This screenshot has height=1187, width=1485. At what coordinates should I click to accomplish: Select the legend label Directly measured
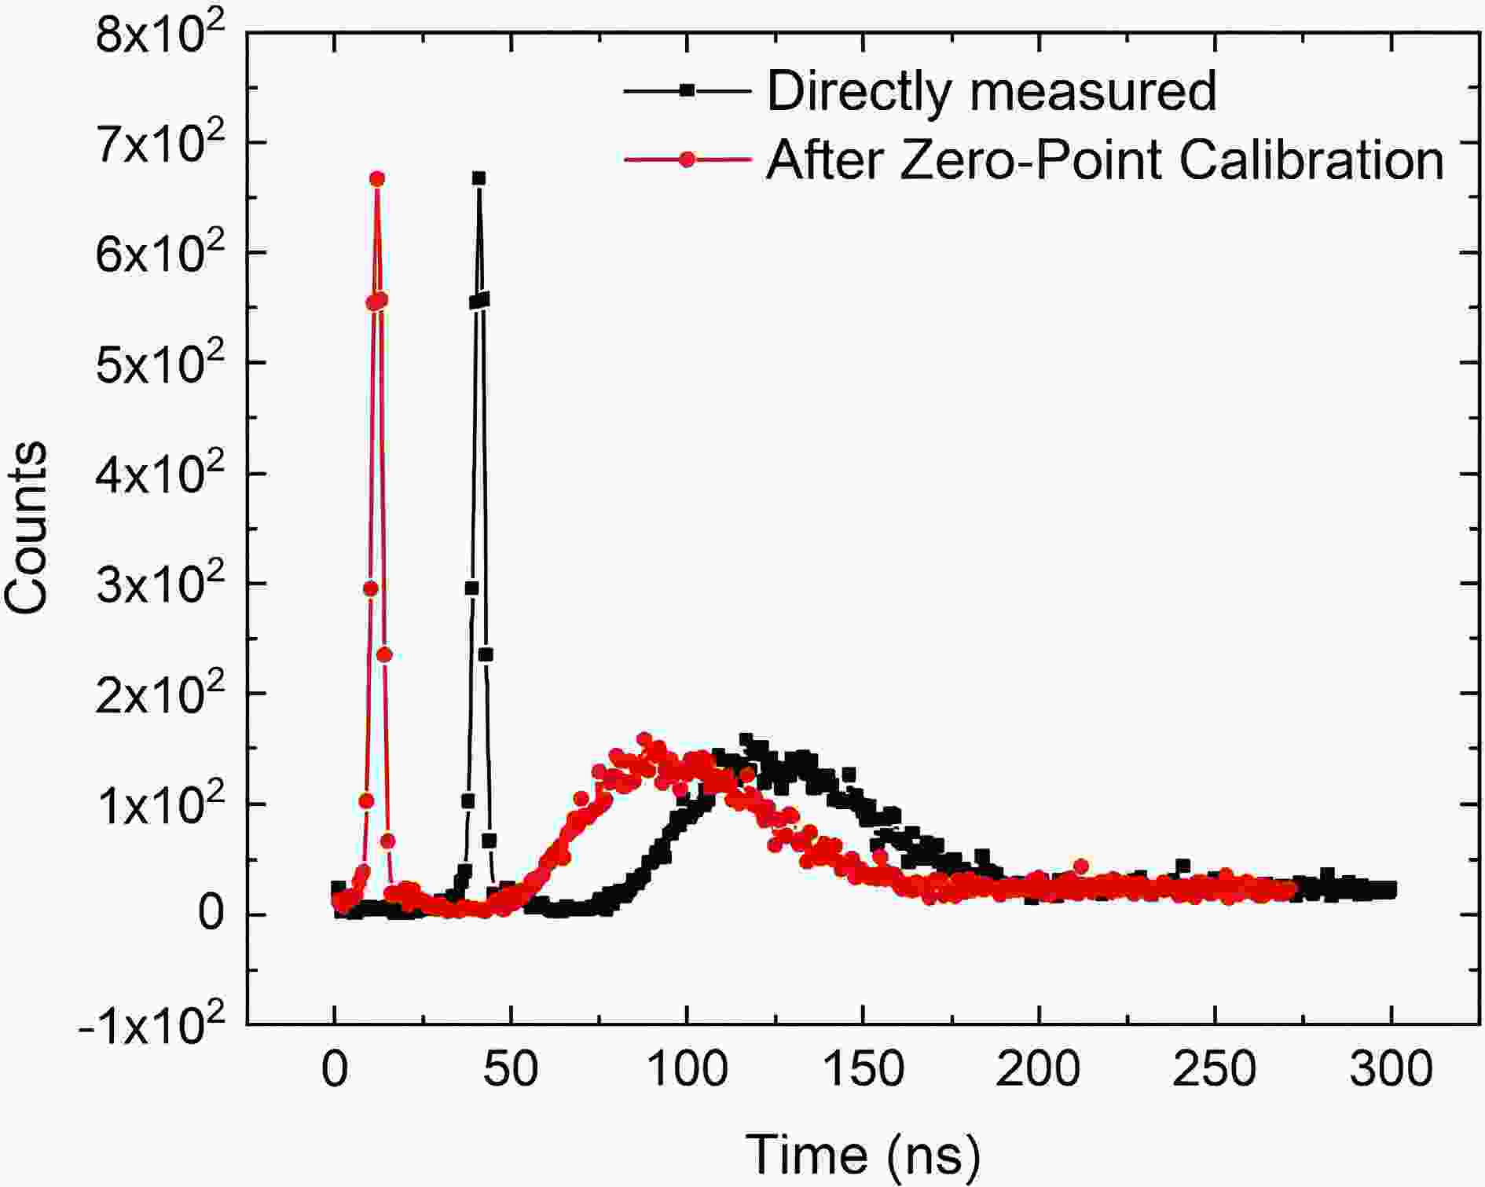point(992,91)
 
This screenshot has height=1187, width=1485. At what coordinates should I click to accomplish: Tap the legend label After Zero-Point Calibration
point(1105,160)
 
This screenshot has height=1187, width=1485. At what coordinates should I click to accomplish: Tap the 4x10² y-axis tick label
point(160,474)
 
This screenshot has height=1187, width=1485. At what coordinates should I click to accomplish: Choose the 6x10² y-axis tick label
point(160,254)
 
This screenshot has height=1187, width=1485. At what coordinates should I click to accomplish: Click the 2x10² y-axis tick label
point(160,694)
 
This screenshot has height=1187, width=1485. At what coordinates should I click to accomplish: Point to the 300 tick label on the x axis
point(1391,1068)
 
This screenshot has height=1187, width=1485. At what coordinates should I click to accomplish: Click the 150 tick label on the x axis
point(863,1068)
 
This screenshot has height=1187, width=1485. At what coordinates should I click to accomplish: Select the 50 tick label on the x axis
point(511,1068)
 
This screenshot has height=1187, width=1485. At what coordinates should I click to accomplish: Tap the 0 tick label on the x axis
point(335,1068)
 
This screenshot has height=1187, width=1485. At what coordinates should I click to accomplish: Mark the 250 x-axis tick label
point(1215,1068)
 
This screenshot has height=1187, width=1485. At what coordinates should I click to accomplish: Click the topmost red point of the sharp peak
point(377,179)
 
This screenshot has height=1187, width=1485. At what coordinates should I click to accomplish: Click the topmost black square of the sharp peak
point(478,178)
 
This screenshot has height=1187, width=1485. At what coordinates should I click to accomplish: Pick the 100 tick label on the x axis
point(687,1068)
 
